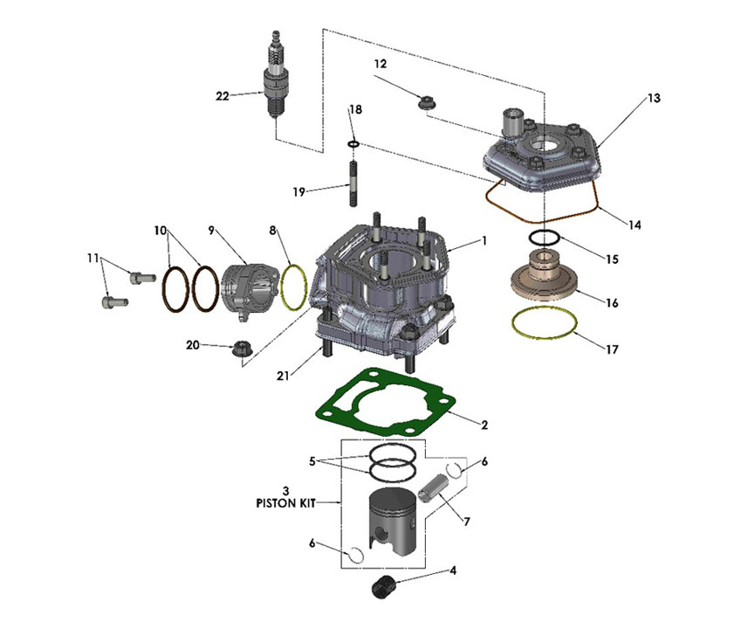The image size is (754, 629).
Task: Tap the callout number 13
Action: tap(654, 99)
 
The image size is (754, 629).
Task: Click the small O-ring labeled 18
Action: tap(353, 142)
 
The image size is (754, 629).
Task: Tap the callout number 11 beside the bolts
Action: tap(93, 259)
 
